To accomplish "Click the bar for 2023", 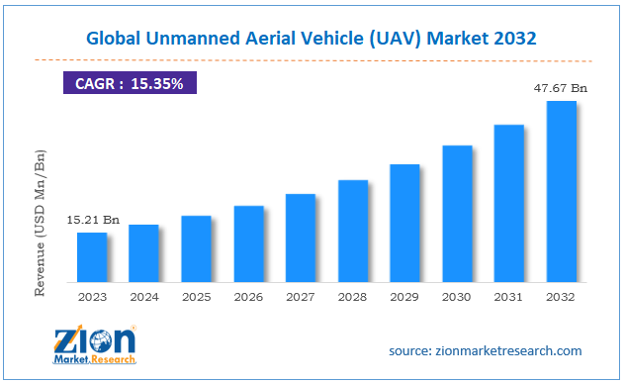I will (x=91, y=256).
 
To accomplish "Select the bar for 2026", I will (x=248, y=242).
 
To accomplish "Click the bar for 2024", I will (x=143, y=251).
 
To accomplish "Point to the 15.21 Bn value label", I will (x=93, y=220).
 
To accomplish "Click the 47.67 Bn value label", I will (x=561, y=88).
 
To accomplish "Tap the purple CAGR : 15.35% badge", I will (x=131, y=84).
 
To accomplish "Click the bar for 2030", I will (x=457, y=213).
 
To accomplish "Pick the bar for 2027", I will (x=301, y=237).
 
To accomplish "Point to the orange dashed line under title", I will (x=312, y=59).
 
